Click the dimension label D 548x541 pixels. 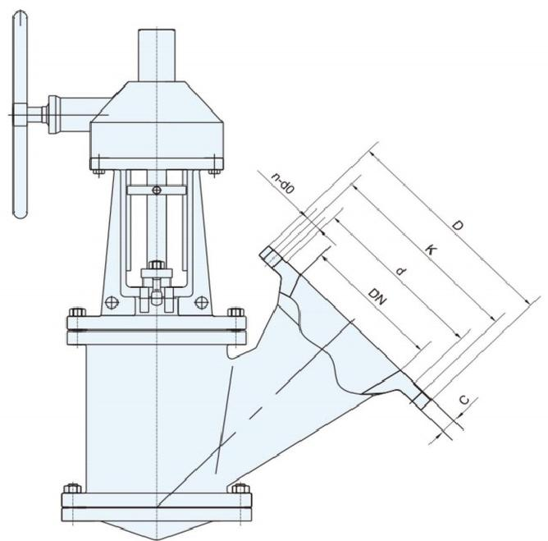coord(457,225)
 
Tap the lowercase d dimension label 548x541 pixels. coord(402,271)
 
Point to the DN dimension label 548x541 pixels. coord(377,296)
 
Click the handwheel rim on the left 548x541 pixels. coord(20,114)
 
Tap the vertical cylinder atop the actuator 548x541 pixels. coord(156,55)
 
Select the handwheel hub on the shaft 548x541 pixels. coord(21,115)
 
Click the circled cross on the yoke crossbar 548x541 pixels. coord(157,190)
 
